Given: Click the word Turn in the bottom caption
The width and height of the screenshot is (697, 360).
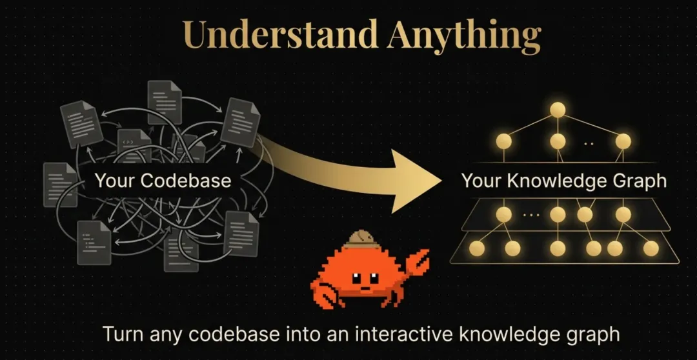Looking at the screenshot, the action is (x=122, y=335).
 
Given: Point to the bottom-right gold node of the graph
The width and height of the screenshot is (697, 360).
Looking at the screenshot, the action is (x=651, y=248).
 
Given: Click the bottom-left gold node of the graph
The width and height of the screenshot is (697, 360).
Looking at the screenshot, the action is (x=478, y=248).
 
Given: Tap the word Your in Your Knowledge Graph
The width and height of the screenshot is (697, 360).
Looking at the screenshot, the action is (x=481, y=181).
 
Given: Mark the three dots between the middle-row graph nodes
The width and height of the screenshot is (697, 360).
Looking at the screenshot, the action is (x=529, y=215).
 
